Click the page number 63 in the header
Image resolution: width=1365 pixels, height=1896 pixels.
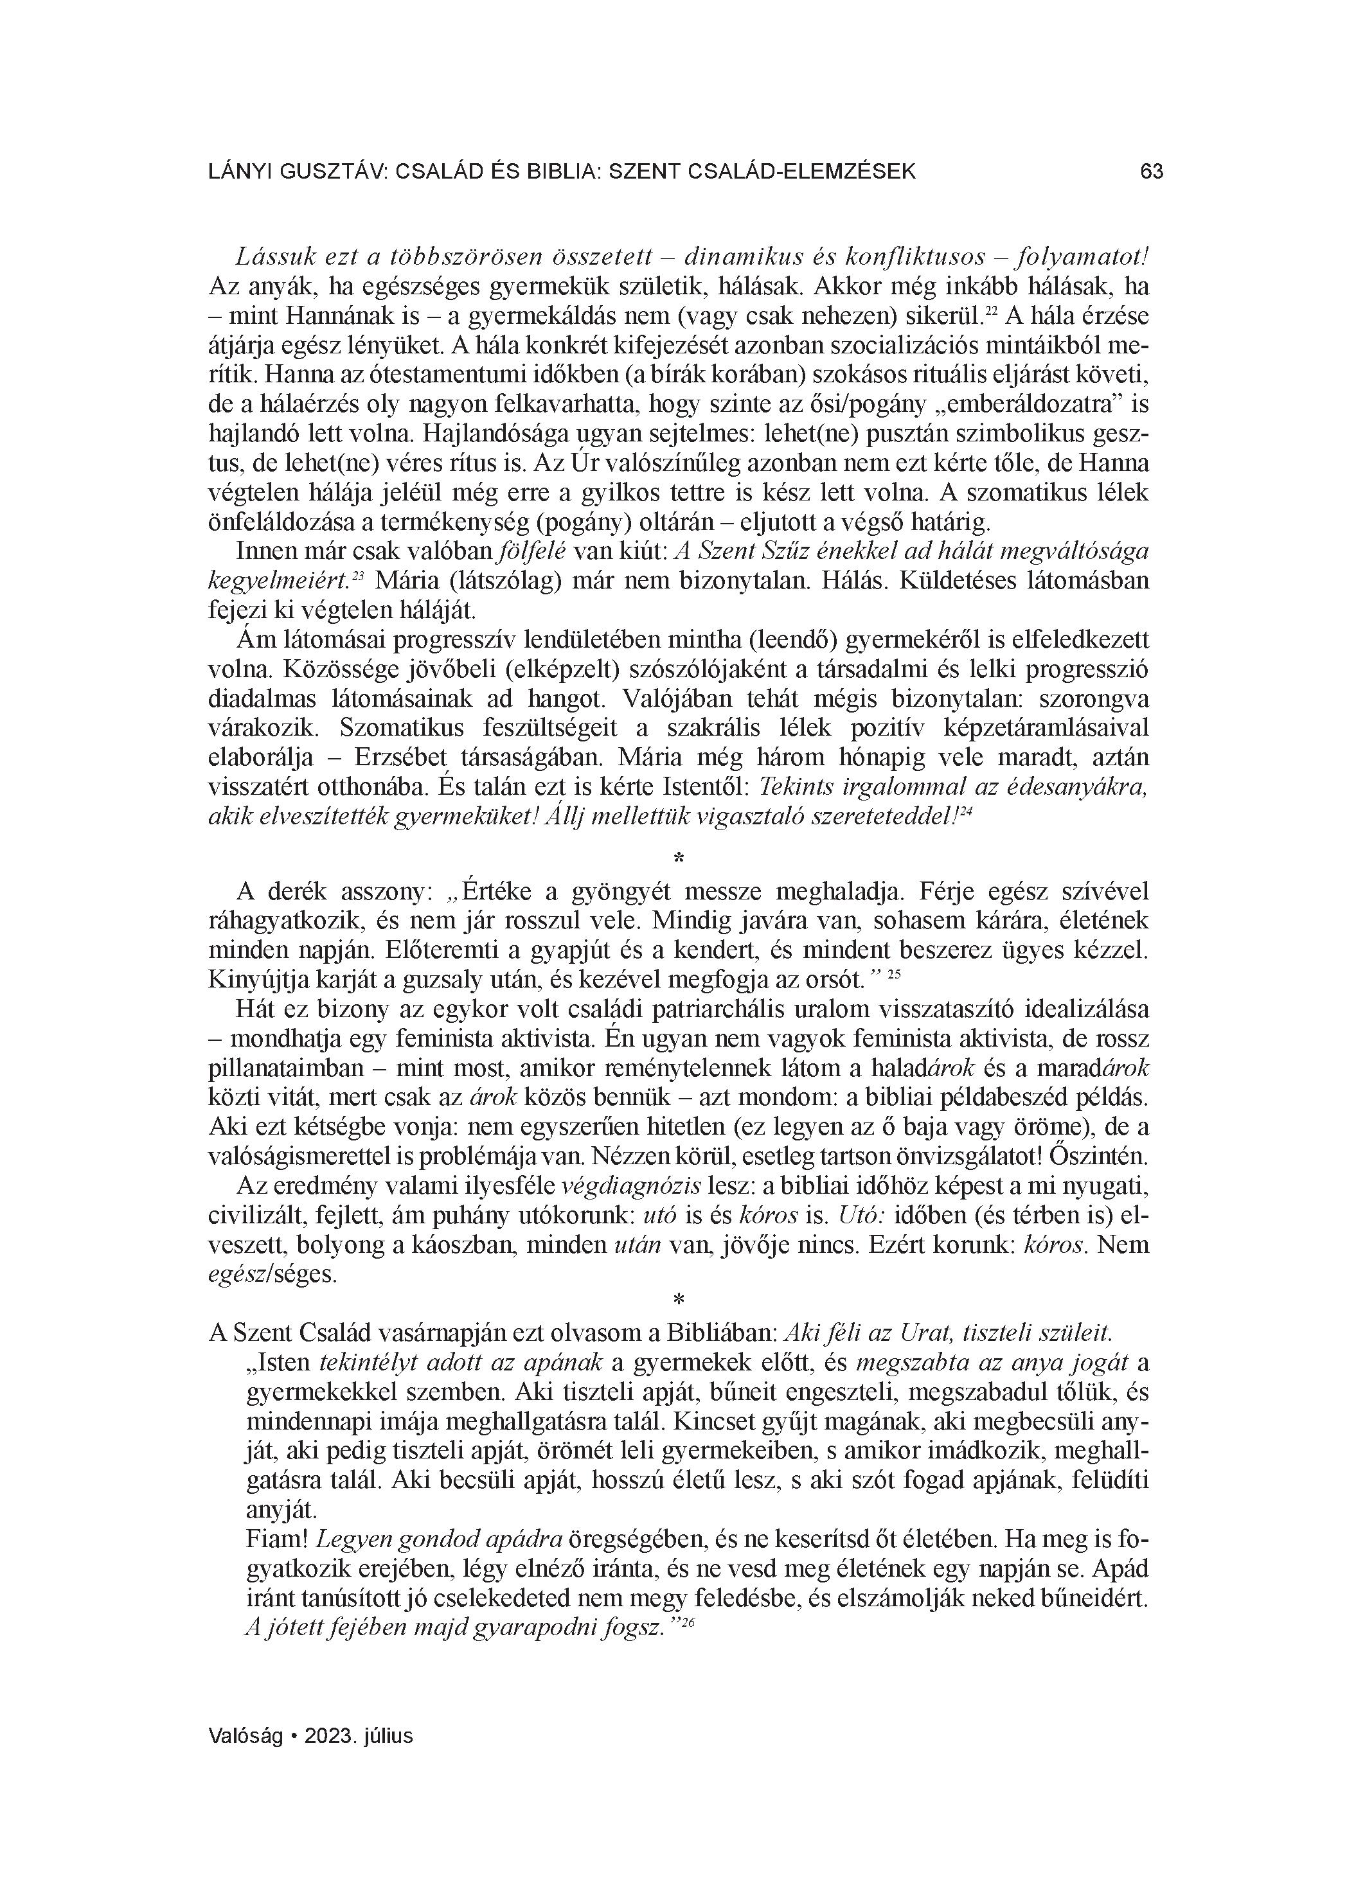click(1151, 172)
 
